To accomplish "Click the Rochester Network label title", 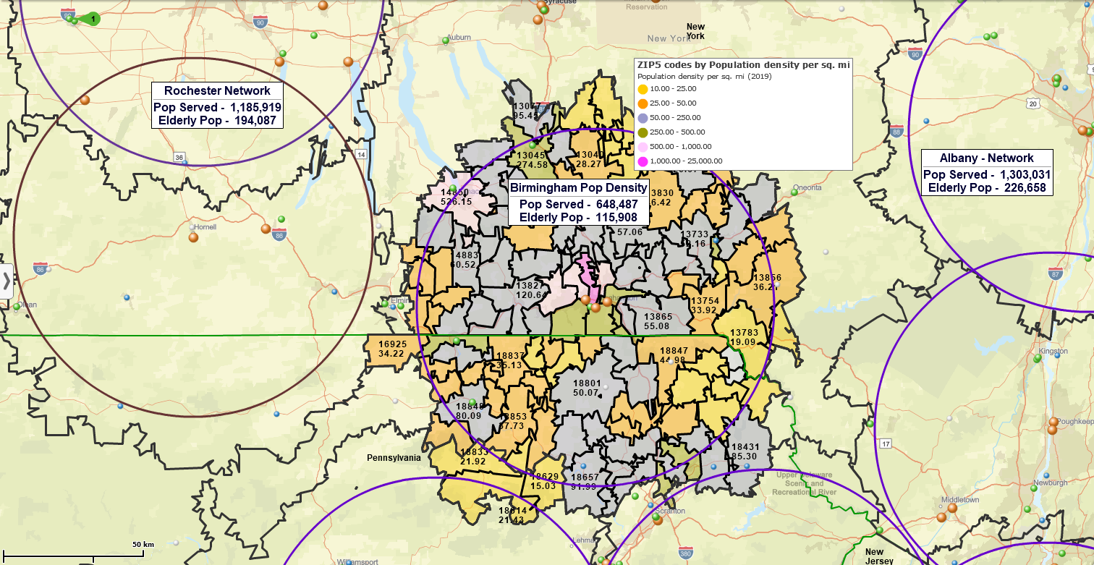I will coord(217,90).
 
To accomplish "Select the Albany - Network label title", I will coord(986,158).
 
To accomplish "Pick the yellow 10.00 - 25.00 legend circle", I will coord(643,89).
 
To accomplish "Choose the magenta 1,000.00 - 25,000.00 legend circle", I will coord(643,161).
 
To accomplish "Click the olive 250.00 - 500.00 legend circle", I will coord(643,132).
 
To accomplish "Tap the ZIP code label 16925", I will coord(391,344).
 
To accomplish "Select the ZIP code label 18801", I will coord(587,383).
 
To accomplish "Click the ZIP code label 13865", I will coord(658,317).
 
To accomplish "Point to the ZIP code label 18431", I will coord(745,447).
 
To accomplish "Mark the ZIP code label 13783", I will coord(744,333).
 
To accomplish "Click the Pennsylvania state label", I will coord(394,458).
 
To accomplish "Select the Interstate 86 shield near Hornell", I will coord(279,233).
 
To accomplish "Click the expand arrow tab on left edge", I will coord(7,281).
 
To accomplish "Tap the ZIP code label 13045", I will coord(531,155).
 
